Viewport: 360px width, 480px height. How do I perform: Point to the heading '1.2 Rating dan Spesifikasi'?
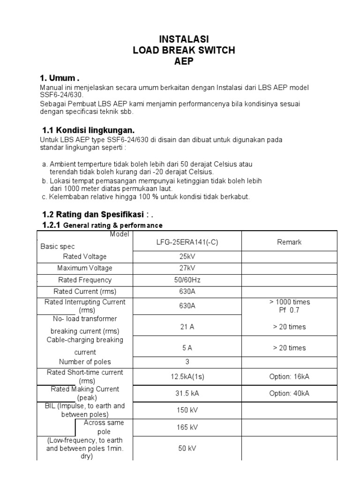coord(94,214)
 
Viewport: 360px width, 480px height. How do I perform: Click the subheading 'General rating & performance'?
coord(112,225)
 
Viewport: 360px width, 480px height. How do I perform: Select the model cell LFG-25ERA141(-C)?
coord(187,242)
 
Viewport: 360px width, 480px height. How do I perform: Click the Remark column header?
coord(289,242)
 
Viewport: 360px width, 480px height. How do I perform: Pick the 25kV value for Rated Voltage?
coord(187,256)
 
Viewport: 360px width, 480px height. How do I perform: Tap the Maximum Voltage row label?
coord(85,268)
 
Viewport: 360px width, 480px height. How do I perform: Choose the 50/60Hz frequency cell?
coord(187,280)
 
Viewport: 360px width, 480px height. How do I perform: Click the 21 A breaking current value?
coord(187,327)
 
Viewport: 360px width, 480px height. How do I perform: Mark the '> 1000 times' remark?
coord(289,302)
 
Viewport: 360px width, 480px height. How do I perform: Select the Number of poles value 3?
coord(187,361)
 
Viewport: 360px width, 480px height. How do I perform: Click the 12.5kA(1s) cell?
coord(187,376)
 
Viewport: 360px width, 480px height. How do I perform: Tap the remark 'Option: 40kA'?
coord(289,393)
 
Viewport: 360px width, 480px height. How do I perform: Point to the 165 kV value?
coord(187,427)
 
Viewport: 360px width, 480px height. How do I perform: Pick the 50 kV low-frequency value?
coord(187,448)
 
